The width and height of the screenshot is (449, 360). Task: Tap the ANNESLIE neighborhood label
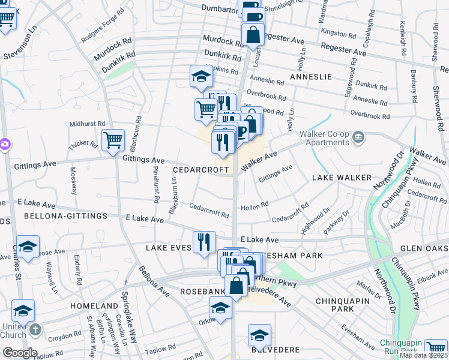click(310, 77)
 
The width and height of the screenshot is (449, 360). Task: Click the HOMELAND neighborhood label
click(91, 305)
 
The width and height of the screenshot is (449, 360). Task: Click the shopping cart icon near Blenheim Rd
click(113, 140)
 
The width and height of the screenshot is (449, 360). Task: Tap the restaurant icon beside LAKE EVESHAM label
click(204, 241)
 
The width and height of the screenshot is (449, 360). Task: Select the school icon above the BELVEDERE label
click(259, 335)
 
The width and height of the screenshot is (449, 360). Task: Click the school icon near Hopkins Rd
click(201, 76)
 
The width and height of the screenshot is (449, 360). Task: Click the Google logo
click(19, 352)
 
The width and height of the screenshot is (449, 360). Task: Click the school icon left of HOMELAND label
click(23, 310)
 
